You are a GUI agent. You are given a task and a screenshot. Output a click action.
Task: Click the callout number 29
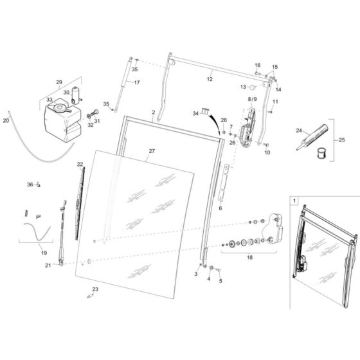[59, 82]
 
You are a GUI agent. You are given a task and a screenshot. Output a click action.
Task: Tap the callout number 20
[6, 120]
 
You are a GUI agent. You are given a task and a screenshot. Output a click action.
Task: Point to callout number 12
[209, 79]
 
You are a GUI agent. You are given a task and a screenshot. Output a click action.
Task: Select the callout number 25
[341, 139]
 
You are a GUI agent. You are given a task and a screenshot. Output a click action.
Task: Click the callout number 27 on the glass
[152, 152]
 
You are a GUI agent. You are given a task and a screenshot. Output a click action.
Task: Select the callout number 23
[95, 289]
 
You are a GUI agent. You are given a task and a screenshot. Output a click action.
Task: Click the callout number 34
[195, 113]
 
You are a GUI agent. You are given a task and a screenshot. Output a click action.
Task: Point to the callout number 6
[220, 208]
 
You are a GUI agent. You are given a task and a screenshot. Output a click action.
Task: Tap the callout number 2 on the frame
[154, 112]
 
